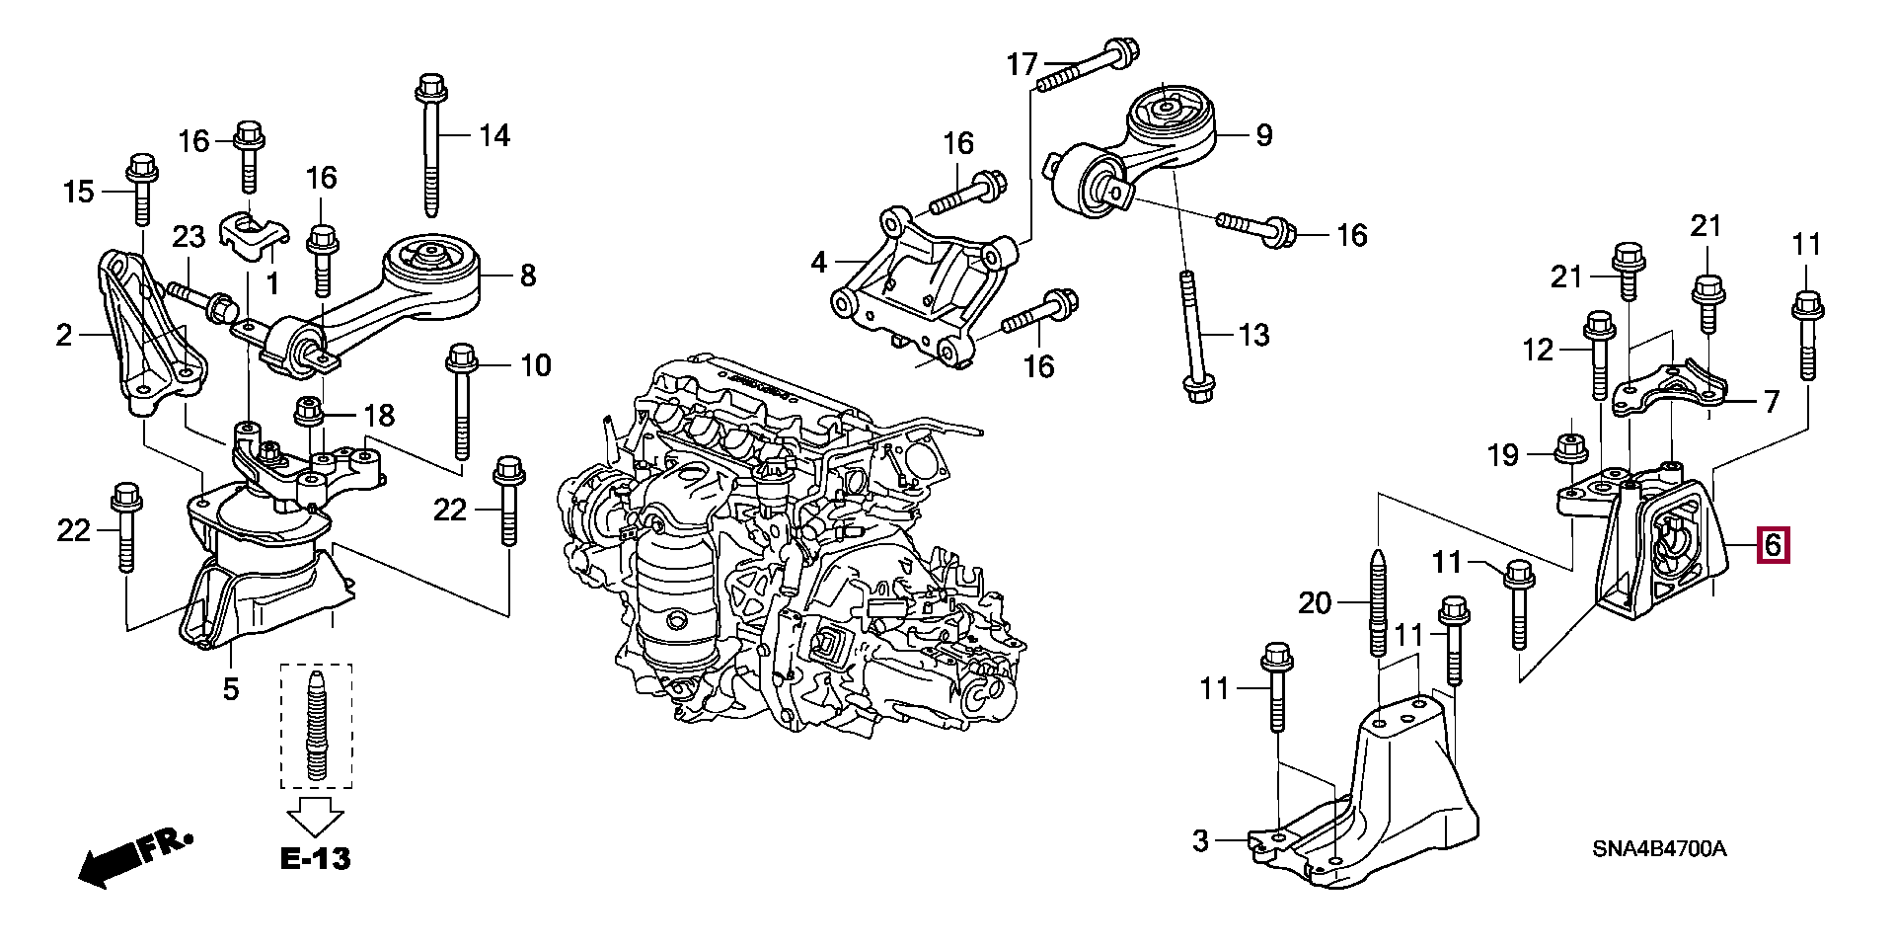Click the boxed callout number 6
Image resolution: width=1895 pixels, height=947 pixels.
[x=1773, y=545]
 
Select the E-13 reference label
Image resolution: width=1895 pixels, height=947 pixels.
[x=316, y=858]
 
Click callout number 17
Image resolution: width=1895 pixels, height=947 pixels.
[x=1022, y=65]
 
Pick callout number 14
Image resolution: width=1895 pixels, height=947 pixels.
[x=494, y=135]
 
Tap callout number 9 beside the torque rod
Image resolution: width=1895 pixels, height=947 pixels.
[x=1264, y=135]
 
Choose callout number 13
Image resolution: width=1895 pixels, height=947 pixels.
[x=1253, y=335]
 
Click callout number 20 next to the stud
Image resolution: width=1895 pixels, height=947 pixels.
[x=1315, y=601]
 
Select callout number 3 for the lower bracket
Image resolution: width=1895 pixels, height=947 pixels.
[x=1200, y=841]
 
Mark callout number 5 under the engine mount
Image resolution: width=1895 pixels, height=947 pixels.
[x=230, y=688]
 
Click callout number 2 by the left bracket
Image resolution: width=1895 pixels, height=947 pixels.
[x=64, y=337]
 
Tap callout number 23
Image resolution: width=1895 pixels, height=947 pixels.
[x=189, y=237]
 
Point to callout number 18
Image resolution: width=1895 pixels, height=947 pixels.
[x=379, y=416]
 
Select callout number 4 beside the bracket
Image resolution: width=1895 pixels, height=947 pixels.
[x=818, y=263]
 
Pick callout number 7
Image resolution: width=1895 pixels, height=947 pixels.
[x=1772, y=402]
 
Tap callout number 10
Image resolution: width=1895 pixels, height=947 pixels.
[x=535, y=366]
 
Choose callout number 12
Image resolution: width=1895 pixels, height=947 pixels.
[x=1538, y=350]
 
